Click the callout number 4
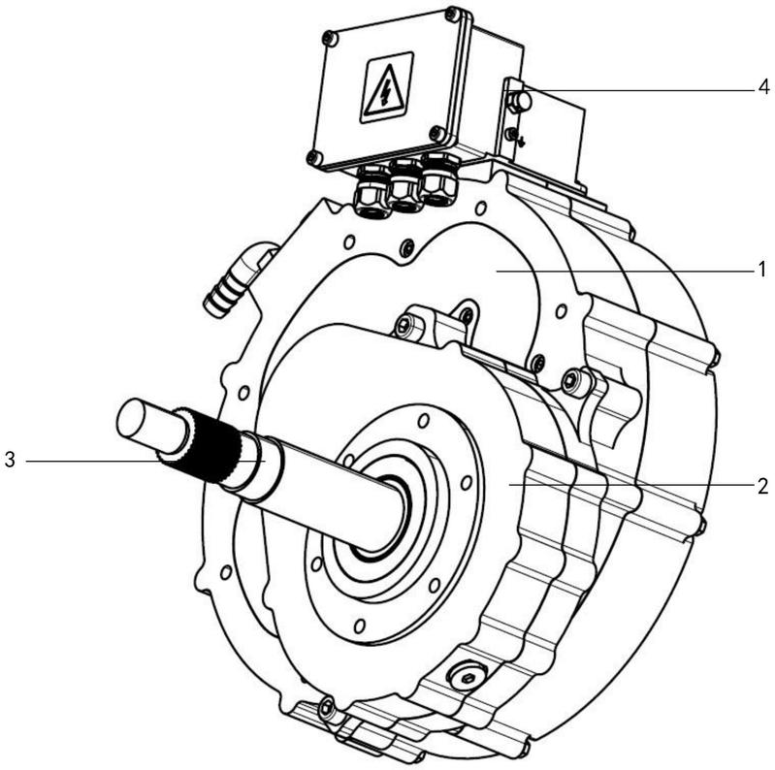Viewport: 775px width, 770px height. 763,87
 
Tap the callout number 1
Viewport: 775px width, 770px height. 762,270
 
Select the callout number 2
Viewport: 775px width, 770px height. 762,487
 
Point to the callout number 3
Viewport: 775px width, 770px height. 10,460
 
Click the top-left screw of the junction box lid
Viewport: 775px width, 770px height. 329,39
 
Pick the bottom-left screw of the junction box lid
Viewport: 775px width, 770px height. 313,158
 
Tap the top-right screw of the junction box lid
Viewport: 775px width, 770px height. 451,15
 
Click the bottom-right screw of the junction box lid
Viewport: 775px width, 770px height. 436,133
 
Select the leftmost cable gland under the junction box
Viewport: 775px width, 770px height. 371,193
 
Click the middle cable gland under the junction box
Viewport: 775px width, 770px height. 405,186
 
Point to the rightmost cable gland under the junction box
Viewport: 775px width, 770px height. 440,179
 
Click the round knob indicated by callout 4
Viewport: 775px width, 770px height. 521,102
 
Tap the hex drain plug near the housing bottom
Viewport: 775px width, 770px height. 468,678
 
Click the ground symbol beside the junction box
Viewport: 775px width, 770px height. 520,142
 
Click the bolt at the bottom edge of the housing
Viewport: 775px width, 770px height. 326,708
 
